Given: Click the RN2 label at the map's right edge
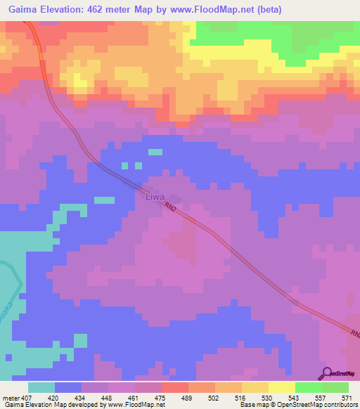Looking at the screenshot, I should point(353,332).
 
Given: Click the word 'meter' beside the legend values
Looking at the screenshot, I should point(9,396).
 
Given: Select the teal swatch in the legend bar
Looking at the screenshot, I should point(41,387).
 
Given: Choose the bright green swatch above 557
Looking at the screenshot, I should point(309,387).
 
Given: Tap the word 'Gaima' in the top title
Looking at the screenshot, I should point(19,9).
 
